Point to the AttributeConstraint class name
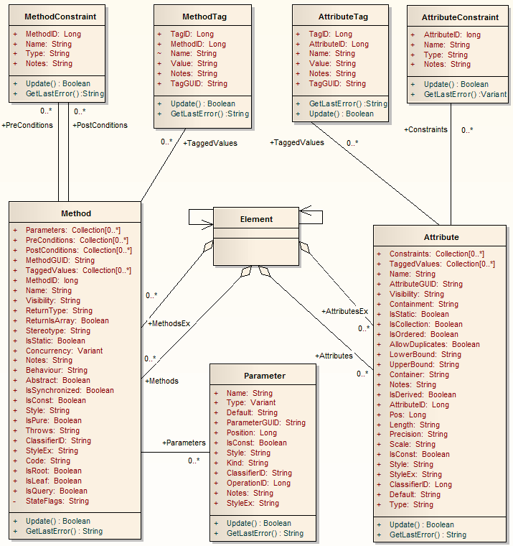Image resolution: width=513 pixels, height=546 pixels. point(460,17)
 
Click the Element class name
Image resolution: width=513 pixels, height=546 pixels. point(257,219)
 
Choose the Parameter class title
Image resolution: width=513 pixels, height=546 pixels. point(264,375)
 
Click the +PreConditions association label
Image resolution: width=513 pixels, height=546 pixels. point(27,125)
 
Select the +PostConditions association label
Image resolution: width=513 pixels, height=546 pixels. point(100,125)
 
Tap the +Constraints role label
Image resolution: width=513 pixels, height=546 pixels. point(425,129)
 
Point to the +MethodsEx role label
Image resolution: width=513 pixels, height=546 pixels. point(169,323)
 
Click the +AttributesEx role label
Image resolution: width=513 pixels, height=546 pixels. point(344,311)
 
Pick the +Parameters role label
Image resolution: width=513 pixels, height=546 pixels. point(184,443)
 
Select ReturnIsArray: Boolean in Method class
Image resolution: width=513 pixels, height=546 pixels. point(67,320)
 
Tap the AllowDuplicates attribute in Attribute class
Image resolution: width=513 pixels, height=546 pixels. point(434,344)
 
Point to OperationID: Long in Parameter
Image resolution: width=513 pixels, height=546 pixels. point(258,483)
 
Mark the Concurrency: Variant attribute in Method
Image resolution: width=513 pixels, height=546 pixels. point(64,351)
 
